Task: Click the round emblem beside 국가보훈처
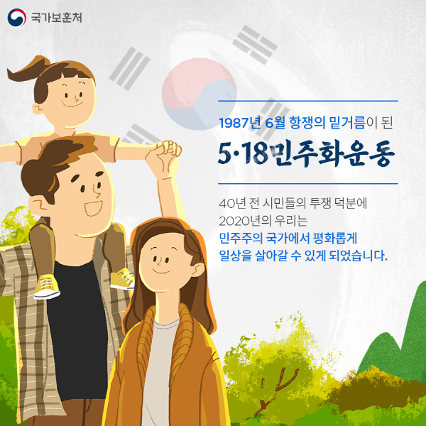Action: point(17,18)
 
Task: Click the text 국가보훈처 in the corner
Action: point(56,18)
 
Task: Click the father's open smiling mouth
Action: point(93,208)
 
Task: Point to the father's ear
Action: point(38,204)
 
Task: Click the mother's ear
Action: point(197,271)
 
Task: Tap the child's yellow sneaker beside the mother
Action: point(123,278)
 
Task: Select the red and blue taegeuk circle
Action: point(199,94)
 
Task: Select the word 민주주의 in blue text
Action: point(241,239)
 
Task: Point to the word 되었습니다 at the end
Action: point(358,256)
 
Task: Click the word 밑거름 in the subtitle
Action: point(347,123)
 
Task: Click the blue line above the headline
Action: point(308,101)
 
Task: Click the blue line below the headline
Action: point(308,184)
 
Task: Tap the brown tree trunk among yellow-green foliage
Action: point(276,391)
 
